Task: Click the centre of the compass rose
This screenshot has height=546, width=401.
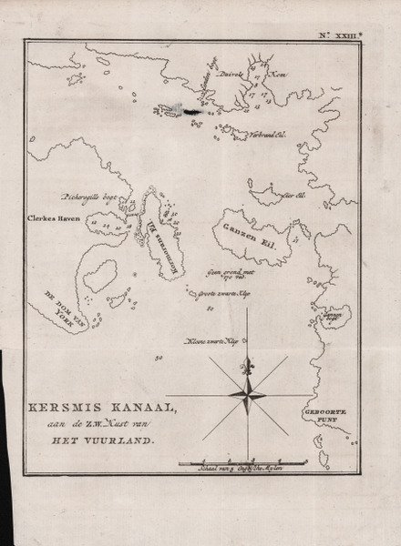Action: (x=245, y=392)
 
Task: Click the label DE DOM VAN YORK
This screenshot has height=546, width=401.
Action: (x=55, y=299)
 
